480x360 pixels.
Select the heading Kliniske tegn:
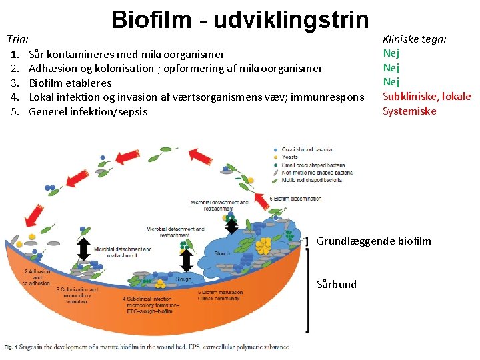(414, 39)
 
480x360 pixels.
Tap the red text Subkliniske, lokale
(427, 97)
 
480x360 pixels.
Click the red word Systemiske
(409, 111)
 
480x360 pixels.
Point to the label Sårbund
(337, 284)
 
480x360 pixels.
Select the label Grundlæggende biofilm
(373, 241)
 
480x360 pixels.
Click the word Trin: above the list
(21, 39)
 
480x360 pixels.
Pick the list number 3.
(14, 83)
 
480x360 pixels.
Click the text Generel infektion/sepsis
(88, 111)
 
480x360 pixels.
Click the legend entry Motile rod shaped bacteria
(317, 180)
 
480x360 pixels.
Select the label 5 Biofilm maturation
(221, 293)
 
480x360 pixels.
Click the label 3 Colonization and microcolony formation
(78, 295)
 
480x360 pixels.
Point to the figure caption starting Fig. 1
(147, 347)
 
